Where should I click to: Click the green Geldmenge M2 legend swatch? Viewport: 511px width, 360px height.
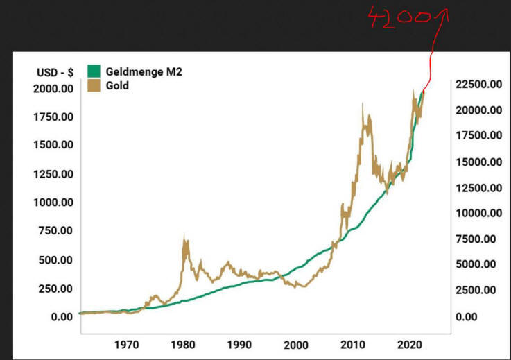coord(93,71)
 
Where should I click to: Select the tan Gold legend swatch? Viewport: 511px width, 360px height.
coord(93,86)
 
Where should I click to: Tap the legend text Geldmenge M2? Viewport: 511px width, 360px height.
coord(144,71)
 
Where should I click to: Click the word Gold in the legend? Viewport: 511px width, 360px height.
coord(117,86)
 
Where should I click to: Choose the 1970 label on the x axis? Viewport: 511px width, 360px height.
coord(125,343)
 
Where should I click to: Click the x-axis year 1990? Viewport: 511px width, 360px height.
coord(239,343)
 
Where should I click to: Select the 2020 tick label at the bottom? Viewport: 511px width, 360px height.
coord(408,343)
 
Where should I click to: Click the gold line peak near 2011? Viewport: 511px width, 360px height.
coord(362,104)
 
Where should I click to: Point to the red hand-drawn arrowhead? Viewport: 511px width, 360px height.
coord(444,12)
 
